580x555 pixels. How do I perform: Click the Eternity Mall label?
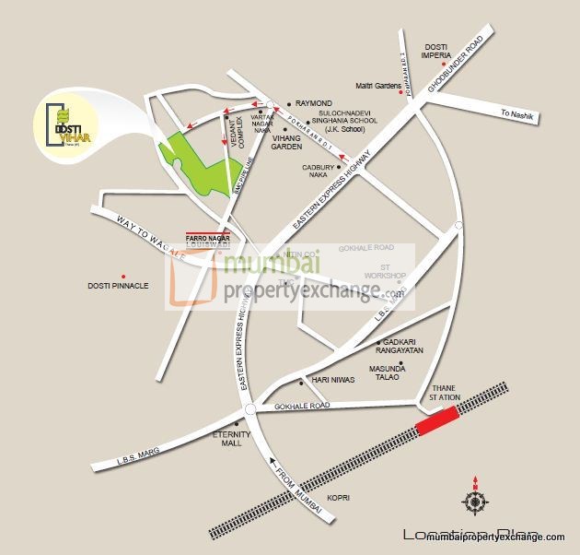coord(226,438)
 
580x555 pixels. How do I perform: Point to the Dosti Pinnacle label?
coord(118,286)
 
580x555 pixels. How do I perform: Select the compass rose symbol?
coord(475,502)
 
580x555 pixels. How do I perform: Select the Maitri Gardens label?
coord(378,86)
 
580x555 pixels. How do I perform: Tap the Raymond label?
coord(315,104)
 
